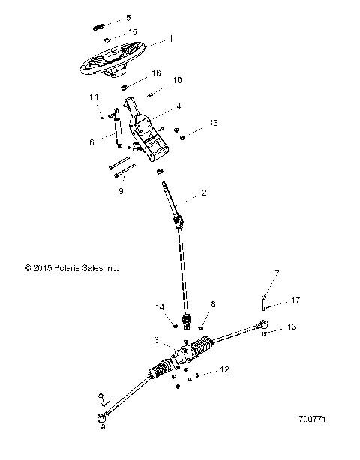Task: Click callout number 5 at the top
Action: click(x=127, y=17)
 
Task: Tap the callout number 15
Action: click(x=133, y=32)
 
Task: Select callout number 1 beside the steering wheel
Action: click(x=171, y=38)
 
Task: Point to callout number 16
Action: click(x=156, y=73)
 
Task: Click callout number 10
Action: click(x=177, y=80)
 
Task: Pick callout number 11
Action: click(x=94, y=97)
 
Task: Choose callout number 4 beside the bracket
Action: click(x=178, y=107)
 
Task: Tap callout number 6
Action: click(x=91, y=142)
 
